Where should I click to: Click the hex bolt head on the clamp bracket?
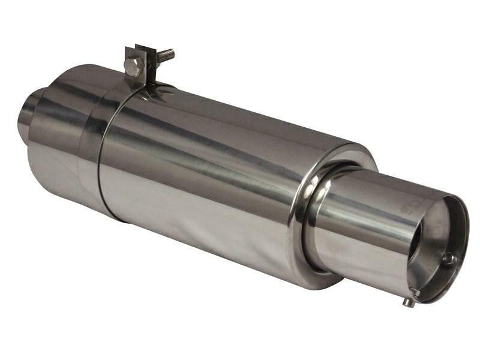tap(133, 65)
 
